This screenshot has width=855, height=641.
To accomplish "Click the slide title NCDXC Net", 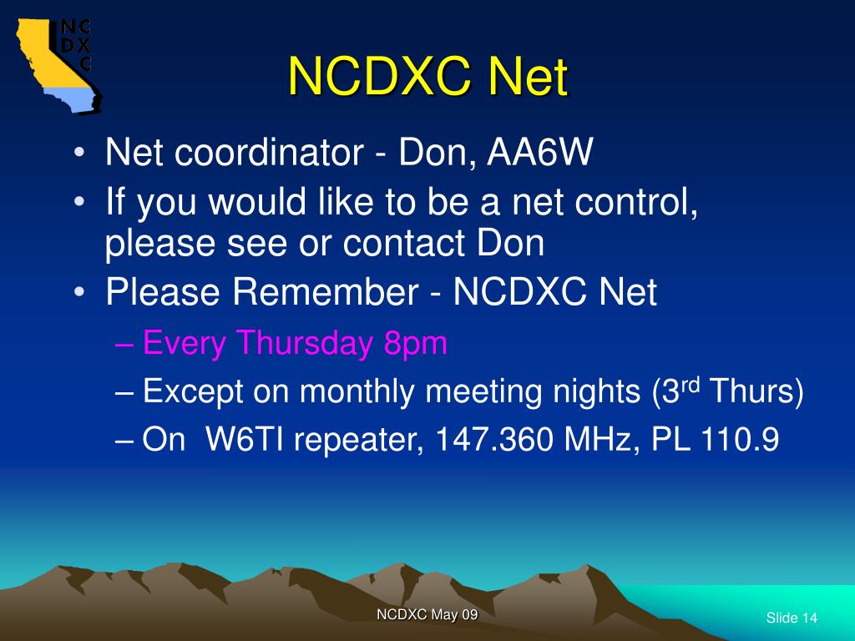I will [427, 78].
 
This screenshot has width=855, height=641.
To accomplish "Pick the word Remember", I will [326, 293].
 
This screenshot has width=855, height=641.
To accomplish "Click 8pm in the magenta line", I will [416, 343].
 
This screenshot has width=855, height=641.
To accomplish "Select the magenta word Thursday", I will [305, 343].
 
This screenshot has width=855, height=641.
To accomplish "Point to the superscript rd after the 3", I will [691, 385].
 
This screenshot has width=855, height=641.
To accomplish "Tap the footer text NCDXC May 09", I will [427, 614].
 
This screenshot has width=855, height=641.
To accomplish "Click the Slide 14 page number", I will [791, 618].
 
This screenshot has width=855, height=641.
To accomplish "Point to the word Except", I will [191, 392].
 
